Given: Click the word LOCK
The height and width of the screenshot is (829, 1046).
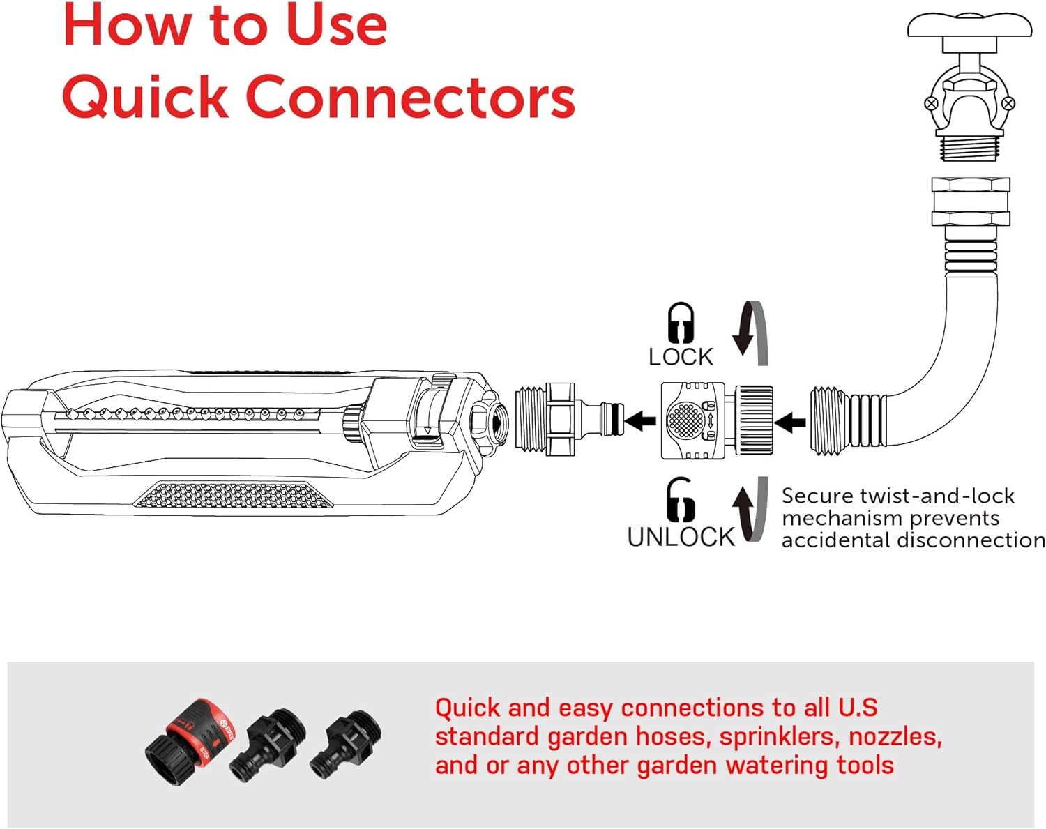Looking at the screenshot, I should [x=681, y=357].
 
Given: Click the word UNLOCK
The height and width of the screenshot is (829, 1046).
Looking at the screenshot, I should [x=681, y=537].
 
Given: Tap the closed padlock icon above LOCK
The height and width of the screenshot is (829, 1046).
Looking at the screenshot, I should [x=681, y=322].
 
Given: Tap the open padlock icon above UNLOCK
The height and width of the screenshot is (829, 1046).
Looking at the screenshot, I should [x=680, y=500].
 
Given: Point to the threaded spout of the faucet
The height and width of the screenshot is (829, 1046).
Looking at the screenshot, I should [x=969, y=147].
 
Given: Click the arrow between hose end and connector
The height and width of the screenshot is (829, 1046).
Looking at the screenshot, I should [x=790, y=422].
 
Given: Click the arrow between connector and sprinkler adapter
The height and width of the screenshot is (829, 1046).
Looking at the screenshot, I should [x=640, y=420].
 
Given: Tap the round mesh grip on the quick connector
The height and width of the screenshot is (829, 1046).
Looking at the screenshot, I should [x=685, y=420].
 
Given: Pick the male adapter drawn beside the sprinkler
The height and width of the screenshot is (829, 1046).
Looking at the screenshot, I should [x=565, y=420].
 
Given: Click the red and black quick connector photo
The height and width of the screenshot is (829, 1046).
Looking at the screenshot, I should [x=190, y=735].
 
